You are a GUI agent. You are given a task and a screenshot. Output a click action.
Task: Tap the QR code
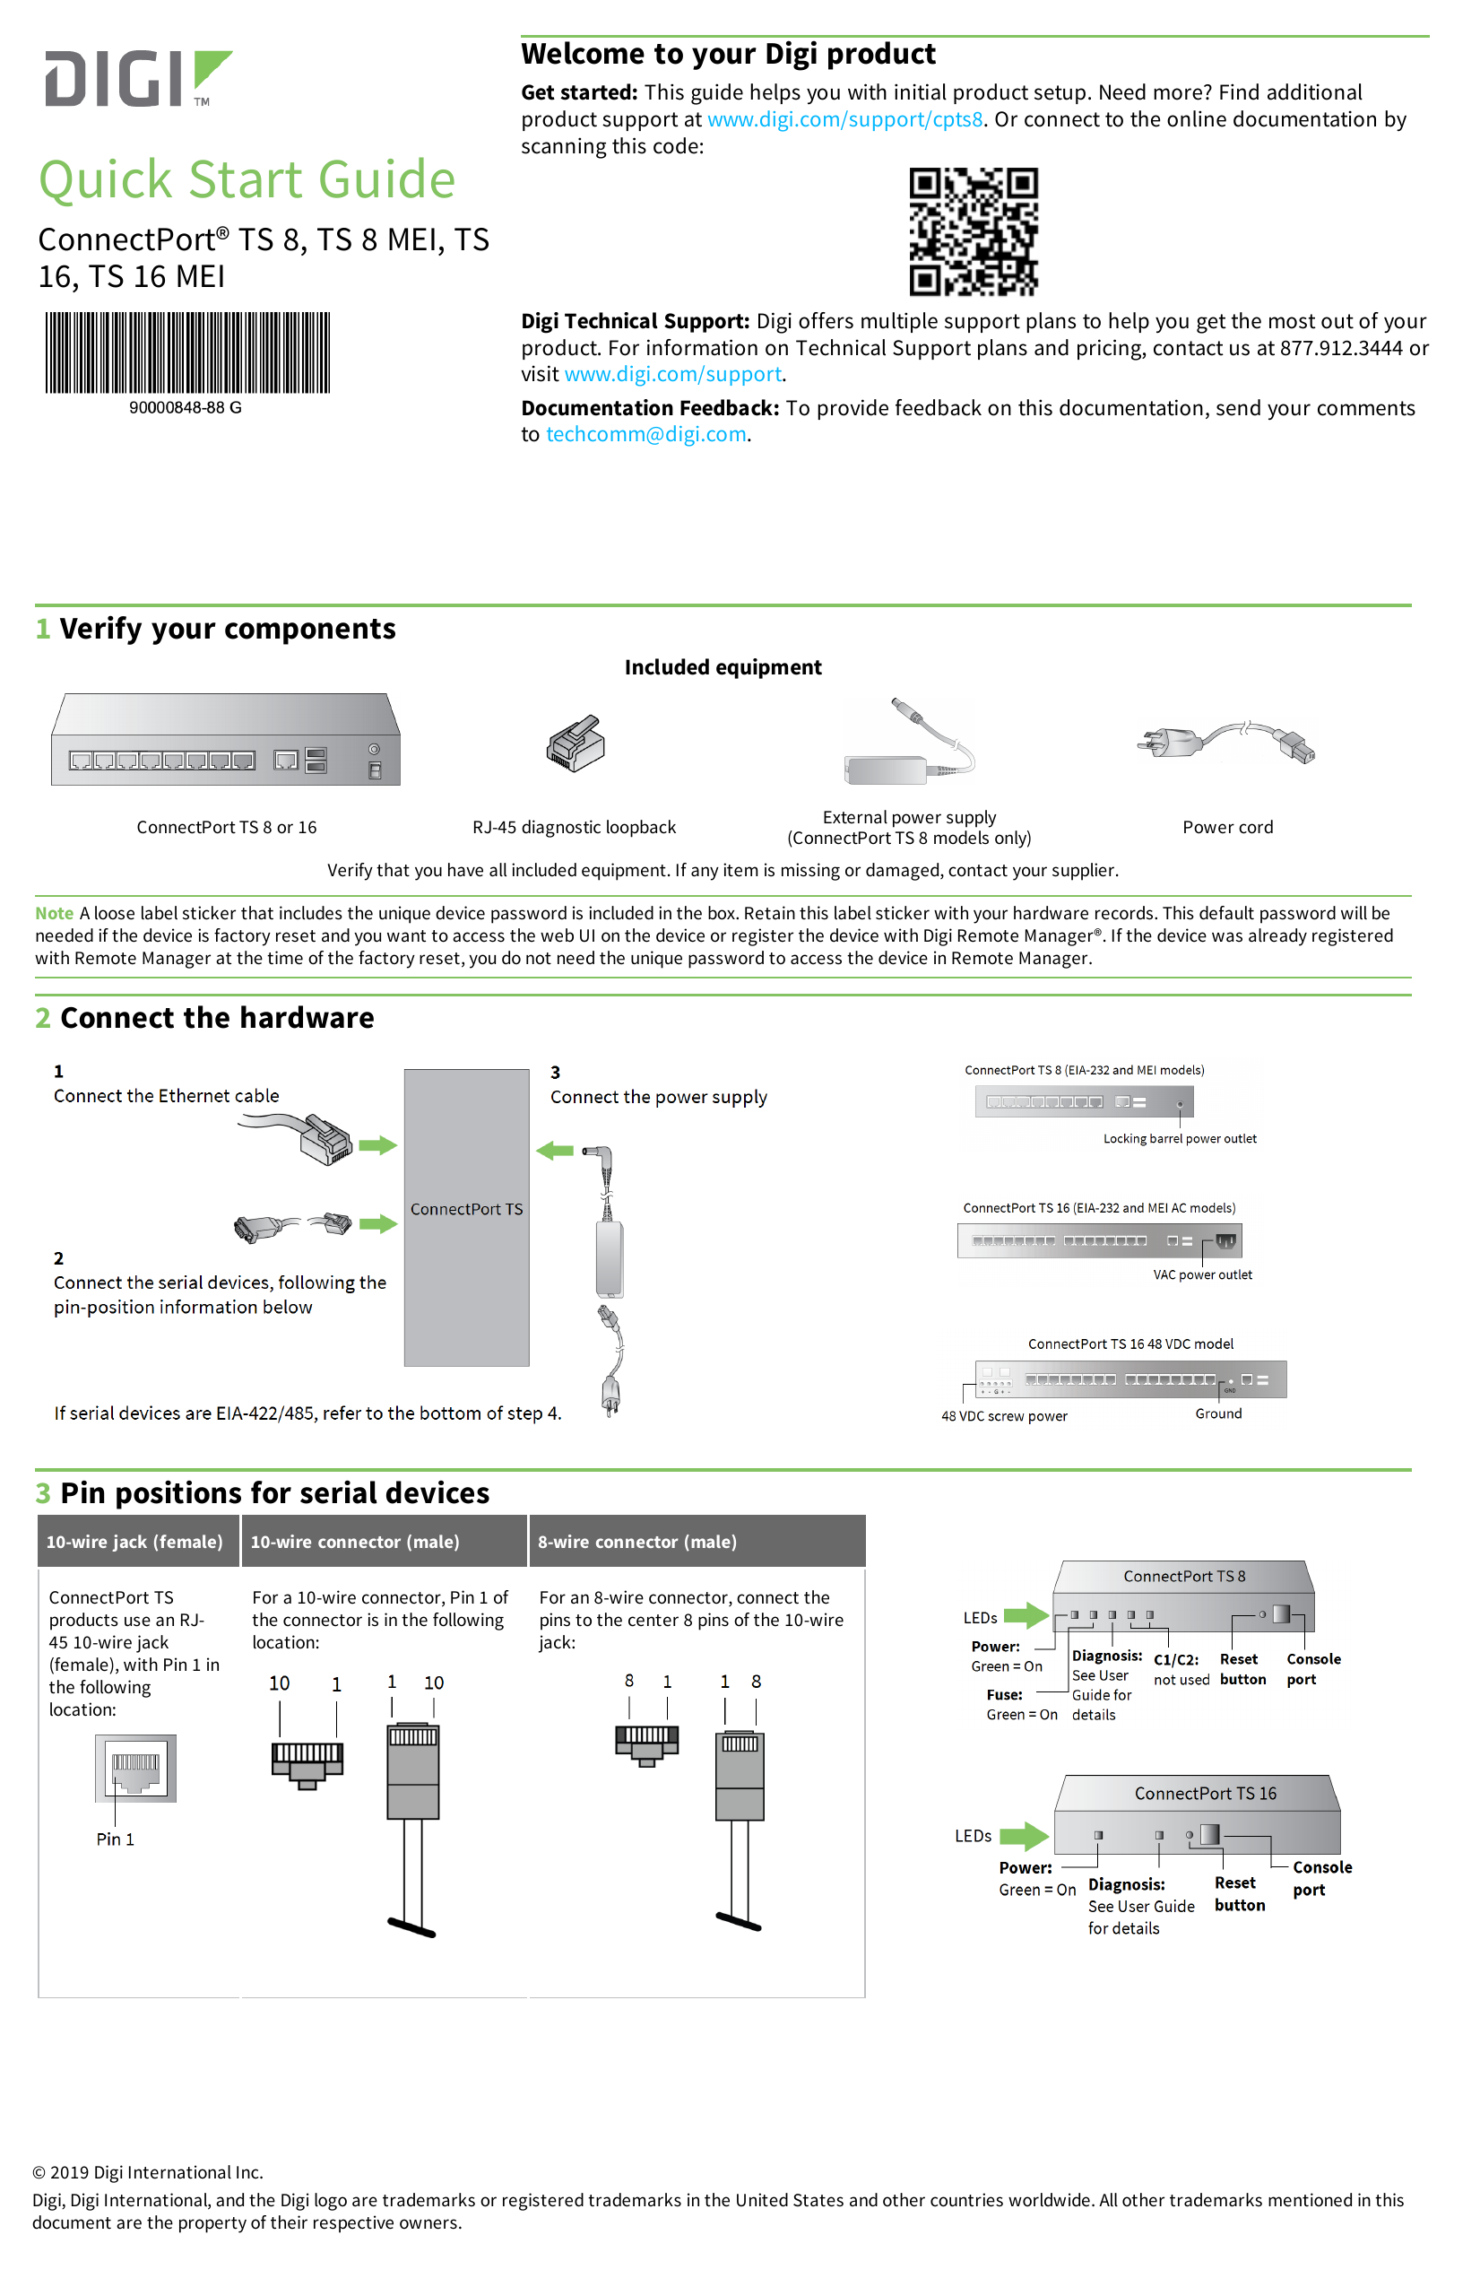973,230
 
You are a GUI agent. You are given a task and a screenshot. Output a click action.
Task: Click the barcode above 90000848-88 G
187,352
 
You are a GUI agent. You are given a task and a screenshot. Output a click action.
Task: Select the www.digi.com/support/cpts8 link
844,119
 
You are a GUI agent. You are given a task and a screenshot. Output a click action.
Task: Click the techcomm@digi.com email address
645,434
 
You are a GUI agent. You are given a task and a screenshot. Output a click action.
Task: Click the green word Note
54,913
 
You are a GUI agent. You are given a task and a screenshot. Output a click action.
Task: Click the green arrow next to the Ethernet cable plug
377,1144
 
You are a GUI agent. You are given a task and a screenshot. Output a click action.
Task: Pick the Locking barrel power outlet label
1179,1139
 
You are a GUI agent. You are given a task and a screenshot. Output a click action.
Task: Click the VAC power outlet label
1201,1274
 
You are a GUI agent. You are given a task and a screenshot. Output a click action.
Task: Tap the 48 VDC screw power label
1003,1415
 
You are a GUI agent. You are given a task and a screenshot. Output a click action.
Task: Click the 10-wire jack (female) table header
134,1542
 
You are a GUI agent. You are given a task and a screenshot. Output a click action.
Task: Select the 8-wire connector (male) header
636,1542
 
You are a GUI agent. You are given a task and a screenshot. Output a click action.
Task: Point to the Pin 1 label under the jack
116,1839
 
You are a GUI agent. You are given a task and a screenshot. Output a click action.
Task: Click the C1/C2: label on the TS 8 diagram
1175,1659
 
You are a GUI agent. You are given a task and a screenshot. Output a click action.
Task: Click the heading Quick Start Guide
247,179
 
